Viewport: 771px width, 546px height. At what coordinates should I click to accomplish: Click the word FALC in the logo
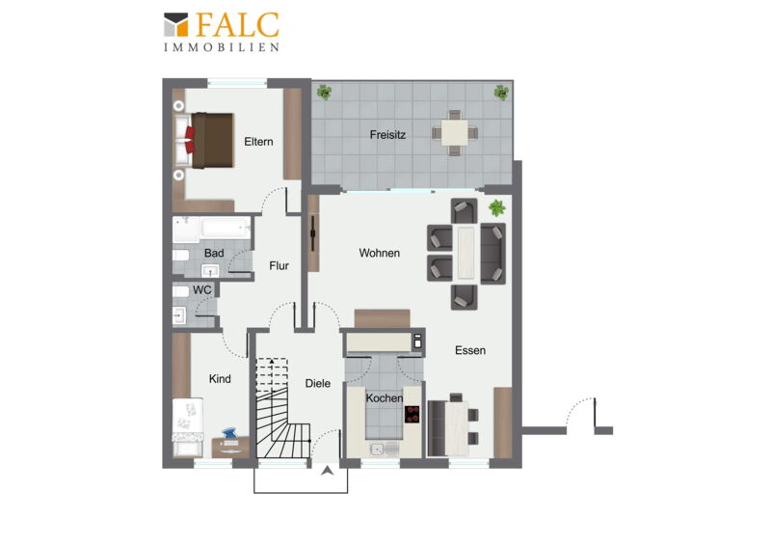pyautogui.click(x=238, y=25)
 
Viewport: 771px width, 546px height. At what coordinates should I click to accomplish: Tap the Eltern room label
pyautogui.click(x=258, y=142)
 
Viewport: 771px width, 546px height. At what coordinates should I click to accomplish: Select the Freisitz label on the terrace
pyautogui.click(x=387, y=135)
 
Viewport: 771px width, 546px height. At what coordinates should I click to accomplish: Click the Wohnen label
pyautogui.click(x=379, y=253)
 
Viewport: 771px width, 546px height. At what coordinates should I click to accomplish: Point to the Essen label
pyautogui.click(x=470, y=350)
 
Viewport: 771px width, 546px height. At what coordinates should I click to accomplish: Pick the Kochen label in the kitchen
pyautogui.click(x=384, y=397)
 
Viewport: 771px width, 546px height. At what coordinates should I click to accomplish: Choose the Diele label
pyautogui.click(x=318, y=384)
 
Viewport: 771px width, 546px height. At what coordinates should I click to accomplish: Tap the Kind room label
pyautogui.click(x=220, y=379)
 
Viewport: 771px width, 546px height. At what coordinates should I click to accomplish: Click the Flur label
pyautogui.click(x=279, y=266)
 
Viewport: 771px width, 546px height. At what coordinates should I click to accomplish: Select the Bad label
pyautogui.click(x=214, y=253)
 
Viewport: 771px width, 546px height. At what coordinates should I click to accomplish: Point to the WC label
pyautogui.click(x=202, y=290)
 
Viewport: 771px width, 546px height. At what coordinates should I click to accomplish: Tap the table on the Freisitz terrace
pyautogui.click(x=454, y=133)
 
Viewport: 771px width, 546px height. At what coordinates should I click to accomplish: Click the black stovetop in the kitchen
pyautogui.click(x=412, y=415)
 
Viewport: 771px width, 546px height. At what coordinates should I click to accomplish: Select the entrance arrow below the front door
pyautogui.click(x=328, y=471)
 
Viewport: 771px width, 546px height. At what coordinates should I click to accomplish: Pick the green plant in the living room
pyautogui.click(x=496, y=207)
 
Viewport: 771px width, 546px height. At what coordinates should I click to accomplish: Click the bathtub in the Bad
pyautogui.click(x=226, y=228)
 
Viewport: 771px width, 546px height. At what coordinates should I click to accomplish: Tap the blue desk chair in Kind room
pyautogui.click(x=229, y=434)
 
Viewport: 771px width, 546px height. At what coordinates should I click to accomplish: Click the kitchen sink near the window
pyautogui.click(x=378, y=449)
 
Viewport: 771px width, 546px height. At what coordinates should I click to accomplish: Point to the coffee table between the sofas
pyautogui.click(x=465, y=252)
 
